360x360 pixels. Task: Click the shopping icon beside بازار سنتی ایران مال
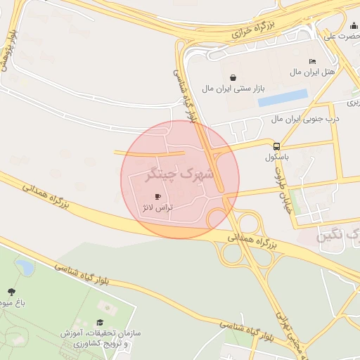coord(233,77)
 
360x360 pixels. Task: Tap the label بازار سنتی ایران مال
coord(233,89)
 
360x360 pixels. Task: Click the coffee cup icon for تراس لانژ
coord(157,196)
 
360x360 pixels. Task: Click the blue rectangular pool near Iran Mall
coord(283,98)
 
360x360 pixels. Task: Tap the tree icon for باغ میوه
coord(11,291)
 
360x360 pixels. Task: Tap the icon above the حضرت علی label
coord(353,25)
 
